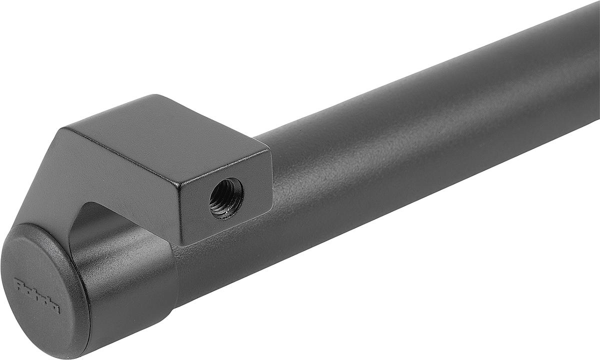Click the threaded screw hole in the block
click(226, 197)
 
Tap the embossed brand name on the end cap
click(37, 295)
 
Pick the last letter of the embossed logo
click(55, 307)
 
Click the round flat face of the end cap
click(40, 290)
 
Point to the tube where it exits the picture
click(592, 60)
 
